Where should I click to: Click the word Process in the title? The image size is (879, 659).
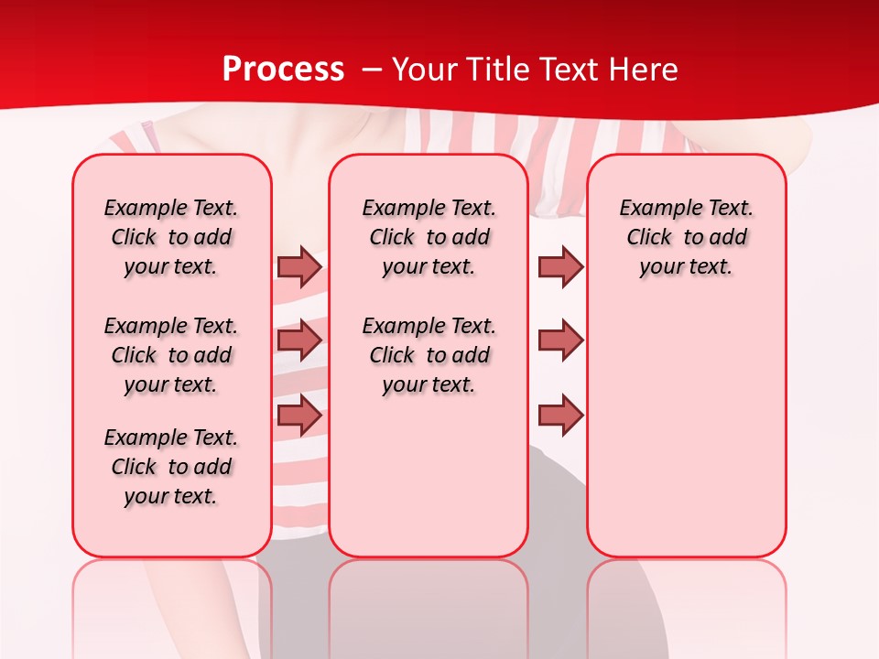(x=283, y=70)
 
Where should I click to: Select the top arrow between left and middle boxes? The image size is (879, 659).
(x=299, y=266)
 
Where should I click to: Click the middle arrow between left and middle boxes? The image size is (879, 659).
(x=299, y=340)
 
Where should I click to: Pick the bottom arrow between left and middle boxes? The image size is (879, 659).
(x=299, y=416)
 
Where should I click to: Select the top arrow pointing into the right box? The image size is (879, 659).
(x=560, y=266)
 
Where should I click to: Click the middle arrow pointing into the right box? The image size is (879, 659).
(x=560, y=340)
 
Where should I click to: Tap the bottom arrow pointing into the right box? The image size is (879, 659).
(x=560, y=416)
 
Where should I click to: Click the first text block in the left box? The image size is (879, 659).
(x=171, y=237)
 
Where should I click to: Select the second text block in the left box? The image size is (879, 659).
(x=171, y=355)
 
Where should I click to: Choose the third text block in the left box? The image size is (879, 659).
(x=171, y=467)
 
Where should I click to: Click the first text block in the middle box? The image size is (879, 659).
(x=429, y=237)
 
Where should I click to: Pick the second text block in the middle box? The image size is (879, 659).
(x=429, y=355)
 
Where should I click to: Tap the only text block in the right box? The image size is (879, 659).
(x=686, y=237)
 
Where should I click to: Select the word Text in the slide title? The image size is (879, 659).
(x=571, y=70)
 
